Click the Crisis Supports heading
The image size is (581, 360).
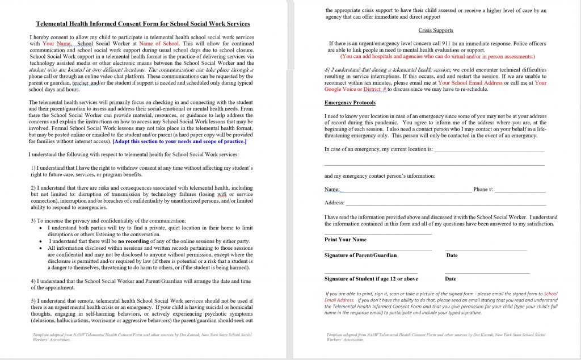[x=435, y=30]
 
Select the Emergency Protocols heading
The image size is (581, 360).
[x=350, y=103]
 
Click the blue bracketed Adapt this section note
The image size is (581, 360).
[x=179, y=141]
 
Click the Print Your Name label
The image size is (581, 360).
[x=345, y=240]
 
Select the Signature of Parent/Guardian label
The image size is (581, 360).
[x=360, y=256]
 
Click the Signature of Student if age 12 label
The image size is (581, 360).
[x=371, y=279]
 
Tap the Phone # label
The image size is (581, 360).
[x=483, y=189]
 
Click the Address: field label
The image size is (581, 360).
[x=334, y=203]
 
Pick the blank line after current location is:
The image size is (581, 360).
[x=489, y=150]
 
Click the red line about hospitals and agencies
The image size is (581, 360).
[x=437, y=57]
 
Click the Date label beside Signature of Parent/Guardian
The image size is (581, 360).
[x=452, y=256]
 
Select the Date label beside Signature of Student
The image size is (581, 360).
[x=451, y=279]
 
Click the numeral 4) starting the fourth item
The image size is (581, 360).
[x=33, y=281]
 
